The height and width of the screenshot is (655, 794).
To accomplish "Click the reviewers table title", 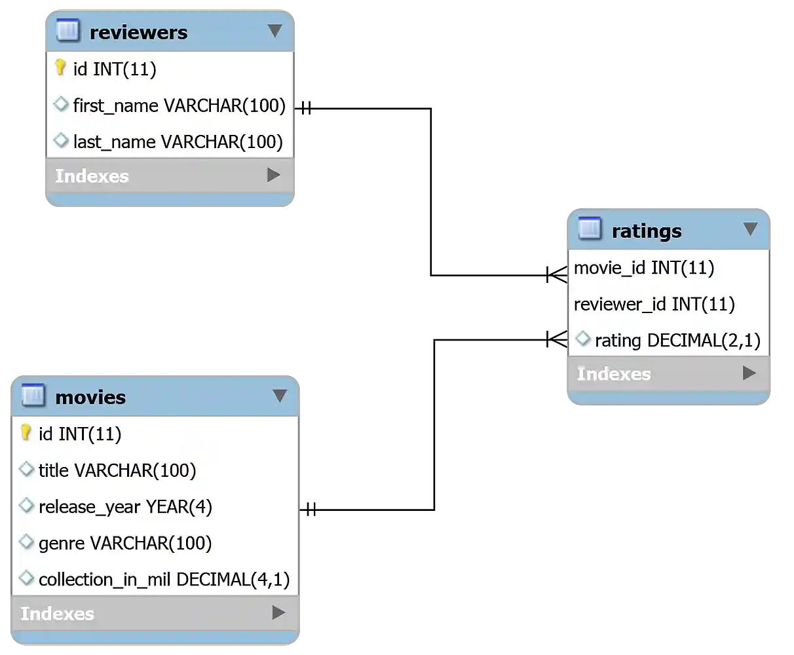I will (138, 33).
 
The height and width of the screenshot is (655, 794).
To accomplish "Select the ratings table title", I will (646, 231).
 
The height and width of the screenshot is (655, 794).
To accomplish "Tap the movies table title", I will (90, 398).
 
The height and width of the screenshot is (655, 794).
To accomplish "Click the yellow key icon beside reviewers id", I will (60, 67).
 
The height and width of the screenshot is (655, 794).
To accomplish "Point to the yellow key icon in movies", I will (26, 432).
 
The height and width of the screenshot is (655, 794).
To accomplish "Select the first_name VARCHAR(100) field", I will (179, 105).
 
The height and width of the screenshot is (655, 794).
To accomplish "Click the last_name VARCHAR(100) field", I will (178, 142).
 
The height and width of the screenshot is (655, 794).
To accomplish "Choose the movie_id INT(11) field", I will (643, 268).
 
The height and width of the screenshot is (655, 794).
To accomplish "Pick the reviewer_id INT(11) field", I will (654, 305).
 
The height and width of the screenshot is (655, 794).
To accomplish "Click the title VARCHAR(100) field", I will (117, 470).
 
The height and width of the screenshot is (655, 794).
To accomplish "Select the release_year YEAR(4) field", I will (125, 507).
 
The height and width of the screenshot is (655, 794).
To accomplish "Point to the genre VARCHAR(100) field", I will (125, 544).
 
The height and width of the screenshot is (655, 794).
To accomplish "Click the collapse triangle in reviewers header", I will (275, 31).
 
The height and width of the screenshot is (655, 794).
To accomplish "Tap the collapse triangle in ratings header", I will (750, 229).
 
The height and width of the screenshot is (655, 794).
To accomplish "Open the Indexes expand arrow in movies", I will (278, 612).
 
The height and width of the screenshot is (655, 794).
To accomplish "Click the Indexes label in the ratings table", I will (614, 374).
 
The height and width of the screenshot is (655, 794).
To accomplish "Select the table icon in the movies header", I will (33, 396).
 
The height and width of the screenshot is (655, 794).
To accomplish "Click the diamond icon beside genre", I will (27, 542).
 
